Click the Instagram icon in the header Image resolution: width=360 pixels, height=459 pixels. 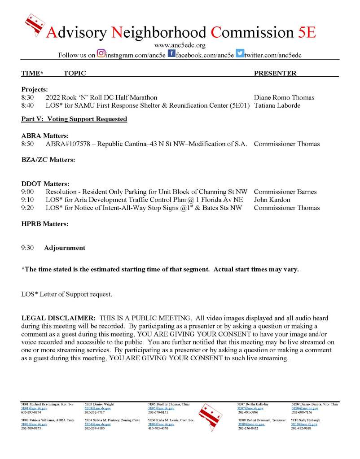(101, 54)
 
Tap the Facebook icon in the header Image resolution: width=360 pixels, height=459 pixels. (171, 54)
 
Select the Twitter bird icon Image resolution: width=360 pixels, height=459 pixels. (240, 54)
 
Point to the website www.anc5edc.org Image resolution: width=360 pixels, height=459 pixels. (180, 45)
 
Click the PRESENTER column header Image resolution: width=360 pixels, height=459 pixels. (275, 73)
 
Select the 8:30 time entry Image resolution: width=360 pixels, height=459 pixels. (28, 97)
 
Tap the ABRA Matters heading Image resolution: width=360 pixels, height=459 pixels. (45, 136)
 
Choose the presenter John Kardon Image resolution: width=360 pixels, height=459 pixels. (272, 199)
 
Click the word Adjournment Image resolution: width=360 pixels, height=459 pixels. (65, 248)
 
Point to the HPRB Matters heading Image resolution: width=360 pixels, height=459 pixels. (45, 223)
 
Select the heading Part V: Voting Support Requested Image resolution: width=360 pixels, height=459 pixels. (74, 119)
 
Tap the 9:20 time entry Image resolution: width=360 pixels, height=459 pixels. (28, 208)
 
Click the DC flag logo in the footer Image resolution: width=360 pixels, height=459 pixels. (210, 417)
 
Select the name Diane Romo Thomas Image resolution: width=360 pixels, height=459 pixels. (284, 97)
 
